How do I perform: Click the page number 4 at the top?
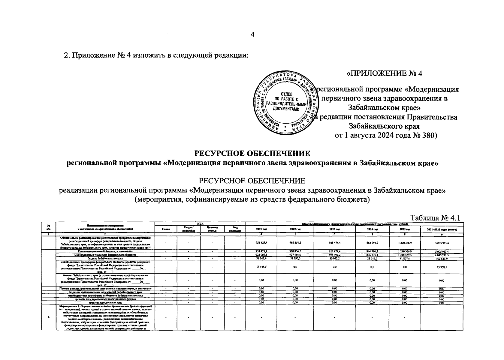[252, 35]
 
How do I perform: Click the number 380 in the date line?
[430, 136]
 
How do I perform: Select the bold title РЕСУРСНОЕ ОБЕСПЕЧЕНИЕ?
[252, 154]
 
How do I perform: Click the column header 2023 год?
[334, 229]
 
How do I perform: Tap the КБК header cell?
[200, 224]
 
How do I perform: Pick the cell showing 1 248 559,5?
[404, 255]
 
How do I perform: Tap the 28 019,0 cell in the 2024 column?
[372, 258]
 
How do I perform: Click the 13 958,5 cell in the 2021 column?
[261, 267]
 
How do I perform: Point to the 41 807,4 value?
[404, 258]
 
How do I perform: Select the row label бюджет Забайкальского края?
[105, 258]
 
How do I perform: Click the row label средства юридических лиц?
[105, 303]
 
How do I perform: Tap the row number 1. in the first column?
[48, 317]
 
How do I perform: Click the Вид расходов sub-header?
[234, 229]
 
